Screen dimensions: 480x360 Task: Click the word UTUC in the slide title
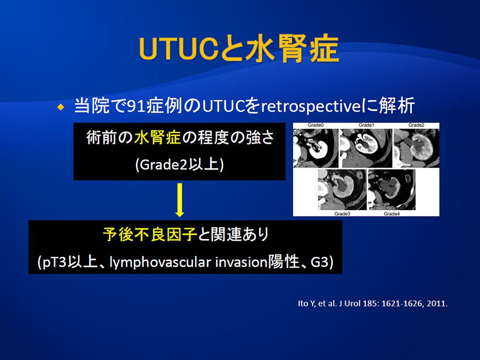179,49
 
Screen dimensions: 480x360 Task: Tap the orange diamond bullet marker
61,107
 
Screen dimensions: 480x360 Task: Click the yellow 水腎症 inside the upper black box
157,138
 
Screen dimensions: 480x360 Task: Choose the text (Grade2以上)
179,165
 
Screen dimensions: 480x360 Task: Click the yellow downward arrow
180,200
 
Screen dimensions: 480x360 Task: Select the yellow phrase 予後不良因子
150,235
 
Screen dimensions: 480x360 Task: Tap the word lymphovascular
161,262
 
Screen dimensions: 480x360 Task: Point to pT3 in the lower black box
55,262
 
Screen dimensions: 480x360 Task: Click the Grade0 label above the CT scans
316,125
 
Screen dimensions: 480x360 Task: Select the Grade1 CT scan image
366,148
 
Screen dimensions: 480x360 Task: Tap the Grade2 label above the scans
417,125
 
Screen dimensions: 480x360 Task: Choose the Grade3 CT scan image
342,189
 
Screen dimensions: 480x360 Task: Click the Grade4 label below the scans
392,214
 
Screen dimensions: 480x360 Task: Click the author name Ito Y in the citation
307,303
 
